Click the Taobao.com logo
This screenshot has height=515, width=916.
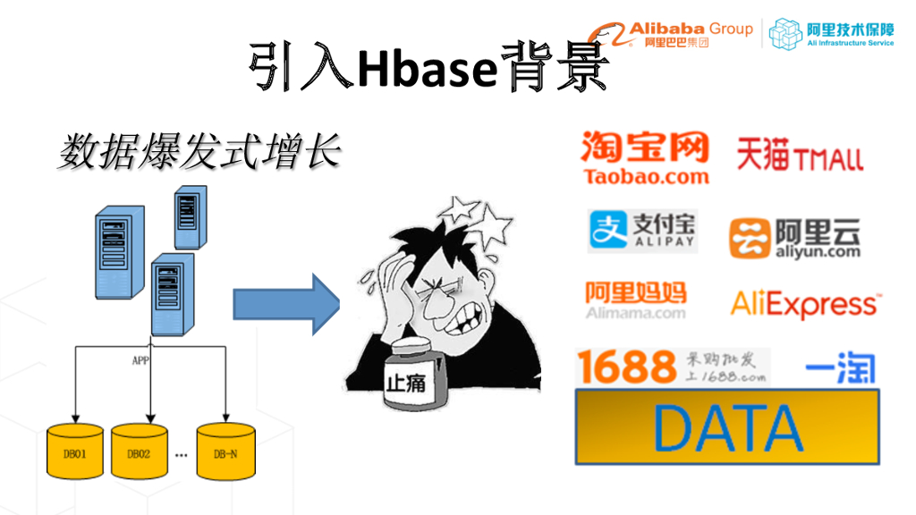[645, 158]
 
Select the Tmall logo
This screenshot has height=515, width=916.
[800, 156]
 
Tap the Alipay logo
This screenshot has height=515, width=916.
[642, 231]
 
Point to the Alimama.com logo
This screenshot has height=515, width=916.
[636, 300]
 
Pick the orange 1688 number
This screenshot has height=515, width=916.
[626, 367]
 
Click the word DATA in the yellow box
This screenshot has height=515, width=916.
[726, 426]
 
